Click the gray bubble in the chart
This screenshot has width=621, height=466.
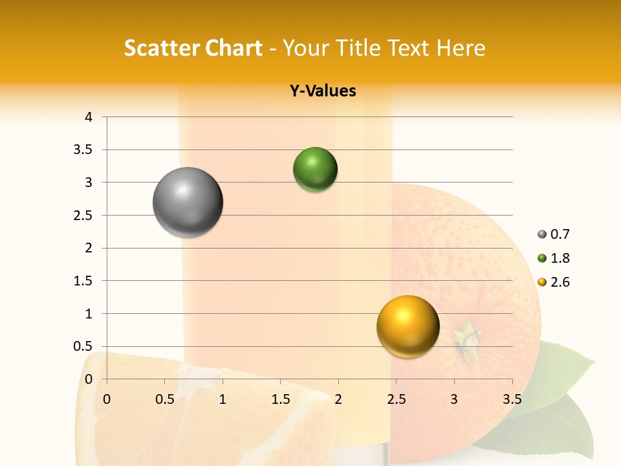(x=188, y=202)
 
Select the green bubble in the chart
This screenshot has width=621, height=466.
(x=315, y=170)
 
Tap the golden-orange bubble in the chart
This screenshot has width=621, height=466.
(x=408, y=326)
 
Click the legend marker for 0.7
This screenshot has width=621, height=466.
(x=541, y=235)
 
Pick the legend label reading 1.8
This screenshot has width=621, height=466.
(x=560, y=258)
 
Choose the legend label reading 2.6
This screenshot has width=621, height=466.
(x=560, y=282)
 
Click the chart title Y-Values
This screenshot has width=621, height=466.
(x=323, y=91)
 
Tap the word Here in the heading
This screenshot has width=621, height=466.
(x=461, y=48)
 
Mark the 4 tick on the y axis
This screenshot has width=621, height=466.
(x=88, y=117)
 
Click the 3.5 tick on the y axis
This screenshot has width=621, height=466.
(x=84, y=150)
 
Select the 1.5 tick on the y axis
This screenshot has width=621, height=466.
(x=84, y=281)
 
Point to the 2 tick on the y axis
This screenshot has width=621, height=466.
(x=88, y=248)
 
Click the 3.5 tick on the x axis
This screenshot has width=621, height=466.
(x=512, y=399)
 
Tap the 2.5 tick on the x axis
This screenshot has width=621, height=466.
(x=396, y=399)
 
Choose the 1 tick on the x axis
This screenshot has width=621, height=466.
(x=223, y=399)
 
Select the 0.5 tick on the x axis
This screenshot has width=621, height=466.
(x=165, y=399)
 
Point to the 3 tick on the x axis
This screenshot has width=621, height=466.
(x=454, y=399)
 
